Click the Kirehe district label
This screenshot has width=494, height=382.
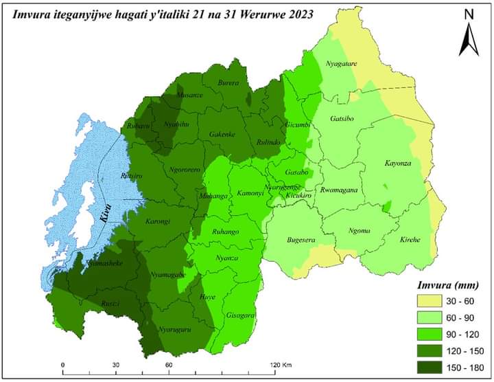pos(414,239)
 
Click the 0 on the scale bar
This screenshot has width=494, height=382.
pos(62,364)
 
